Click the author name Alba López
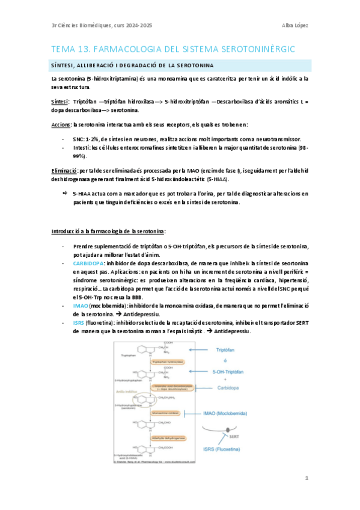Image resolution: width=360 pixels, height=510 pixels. coord(296,25)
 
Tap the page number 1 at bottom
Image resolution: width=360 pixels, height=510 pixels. coord(307,478)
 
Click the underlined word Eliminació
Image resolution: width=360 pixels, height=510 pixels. coord(64,171)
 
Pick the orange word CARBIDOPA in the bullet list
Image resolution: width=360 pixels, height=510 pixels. coord(88,263)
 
